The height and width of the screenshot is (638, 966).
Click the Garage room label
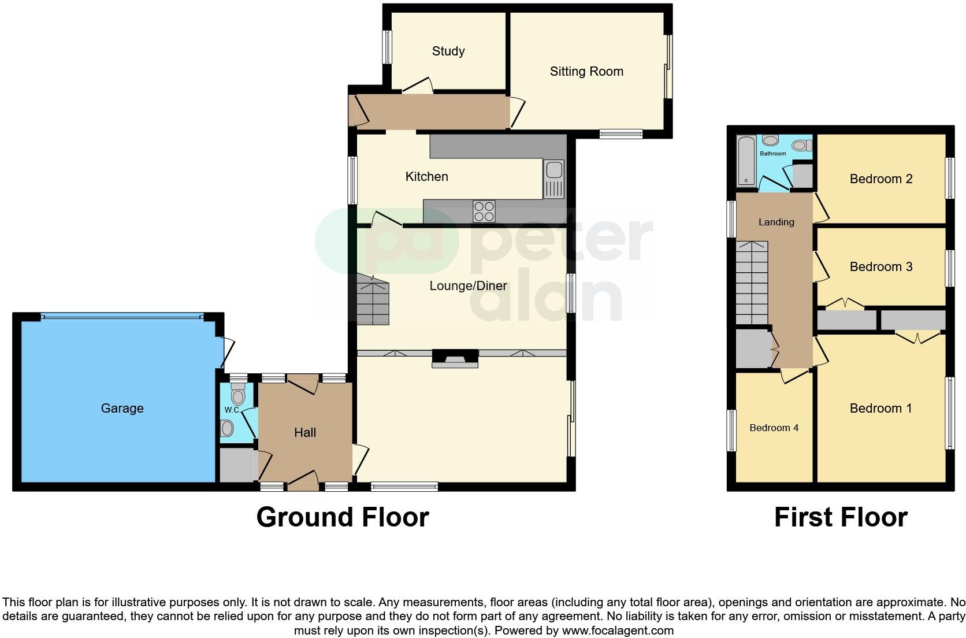pos(122,409)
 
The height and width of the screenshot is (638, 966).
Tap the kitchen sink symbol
pos(553,179)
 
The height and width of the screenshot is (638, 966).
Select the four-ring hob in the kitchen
pos(484,211)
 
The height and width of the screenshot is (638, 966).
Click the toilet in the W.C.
pos(238,396)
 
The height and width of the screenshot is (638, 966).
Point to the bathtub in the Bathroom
pos(745,161)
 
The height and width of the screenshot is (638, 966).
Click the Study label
pos(448,51)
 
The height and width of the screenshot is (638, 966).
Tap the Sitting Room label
pos(586,72)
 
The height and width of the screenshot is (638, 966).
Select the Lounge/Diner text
pos(468,286)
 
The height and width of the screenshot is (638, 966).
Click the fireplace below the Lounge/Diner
pos(455,359)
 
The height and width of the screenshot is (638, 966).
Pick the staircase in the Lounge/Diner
pos(373,301)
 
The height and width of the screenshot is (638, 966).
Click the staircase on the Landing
pos(752,283)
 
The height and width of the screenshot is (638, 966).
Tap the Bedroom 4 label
pos(774,428)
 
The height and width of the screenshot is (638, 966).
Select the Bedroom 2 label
pos(880,179)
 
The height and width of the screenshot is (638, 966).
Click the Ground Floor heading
pos(343,517)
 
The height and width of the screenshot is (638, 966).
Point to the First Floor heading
pos(841,517)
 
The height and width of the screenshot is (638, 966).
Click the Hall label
pos(305,433)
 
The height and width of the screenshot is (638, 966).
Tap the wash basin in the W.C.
pos(228,428)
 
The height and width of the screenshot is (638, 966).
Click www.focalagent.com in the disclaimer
pos(618,630)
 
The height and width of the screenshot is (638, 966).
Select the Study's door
pos(418,86)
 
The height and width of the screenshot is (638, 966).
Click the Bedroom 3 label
pos(880,267)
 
